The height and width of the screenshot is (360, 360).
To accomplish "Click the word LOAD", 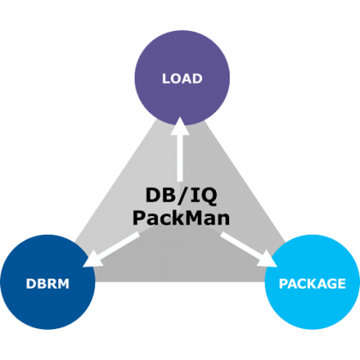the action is point(183,79).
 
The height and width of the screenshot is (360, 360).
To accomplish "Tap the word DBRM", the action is point(48,284).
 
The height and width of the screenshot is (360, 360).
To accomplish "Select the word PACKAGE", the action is point(312,284).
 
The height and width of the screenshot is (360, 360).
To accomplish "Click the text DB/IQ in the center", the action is point(181,195).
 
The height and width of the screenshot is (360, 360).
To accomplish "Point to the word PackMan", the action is point(181,218).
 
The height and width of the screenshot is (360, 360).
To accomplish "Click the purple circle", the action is point(183,78).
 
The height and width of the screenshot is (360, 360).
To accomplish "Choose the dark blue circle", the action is point(48,282).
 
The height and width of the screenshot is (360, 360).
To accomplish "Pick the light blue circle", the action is point(312,282).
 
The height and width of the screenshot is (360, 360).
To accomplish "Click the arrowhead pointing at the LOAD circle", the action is point(180,127).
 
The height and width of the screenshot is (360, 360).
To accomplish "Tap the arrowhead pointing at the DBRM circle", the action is point(92,260).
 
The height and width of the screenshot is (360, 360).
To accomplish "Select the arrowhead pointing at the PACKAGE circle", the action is point(267,259).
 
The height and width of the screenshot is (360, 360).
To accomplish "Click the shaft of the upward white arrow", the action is point(180,159).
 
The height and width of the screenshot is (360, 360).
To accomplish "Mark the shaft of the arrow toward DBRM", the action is point(119,244).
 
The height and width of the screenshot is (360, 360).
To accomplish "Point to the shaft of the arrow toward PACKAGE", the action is point(241,244).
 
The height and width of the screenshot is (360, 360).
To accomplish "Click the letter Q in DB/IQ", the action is point(209,196).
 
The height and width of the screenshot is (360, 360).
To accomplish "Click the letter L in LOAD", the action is point(166,79).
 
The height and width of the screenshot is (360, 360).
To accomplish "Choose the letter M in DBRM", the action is point(63,284).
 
